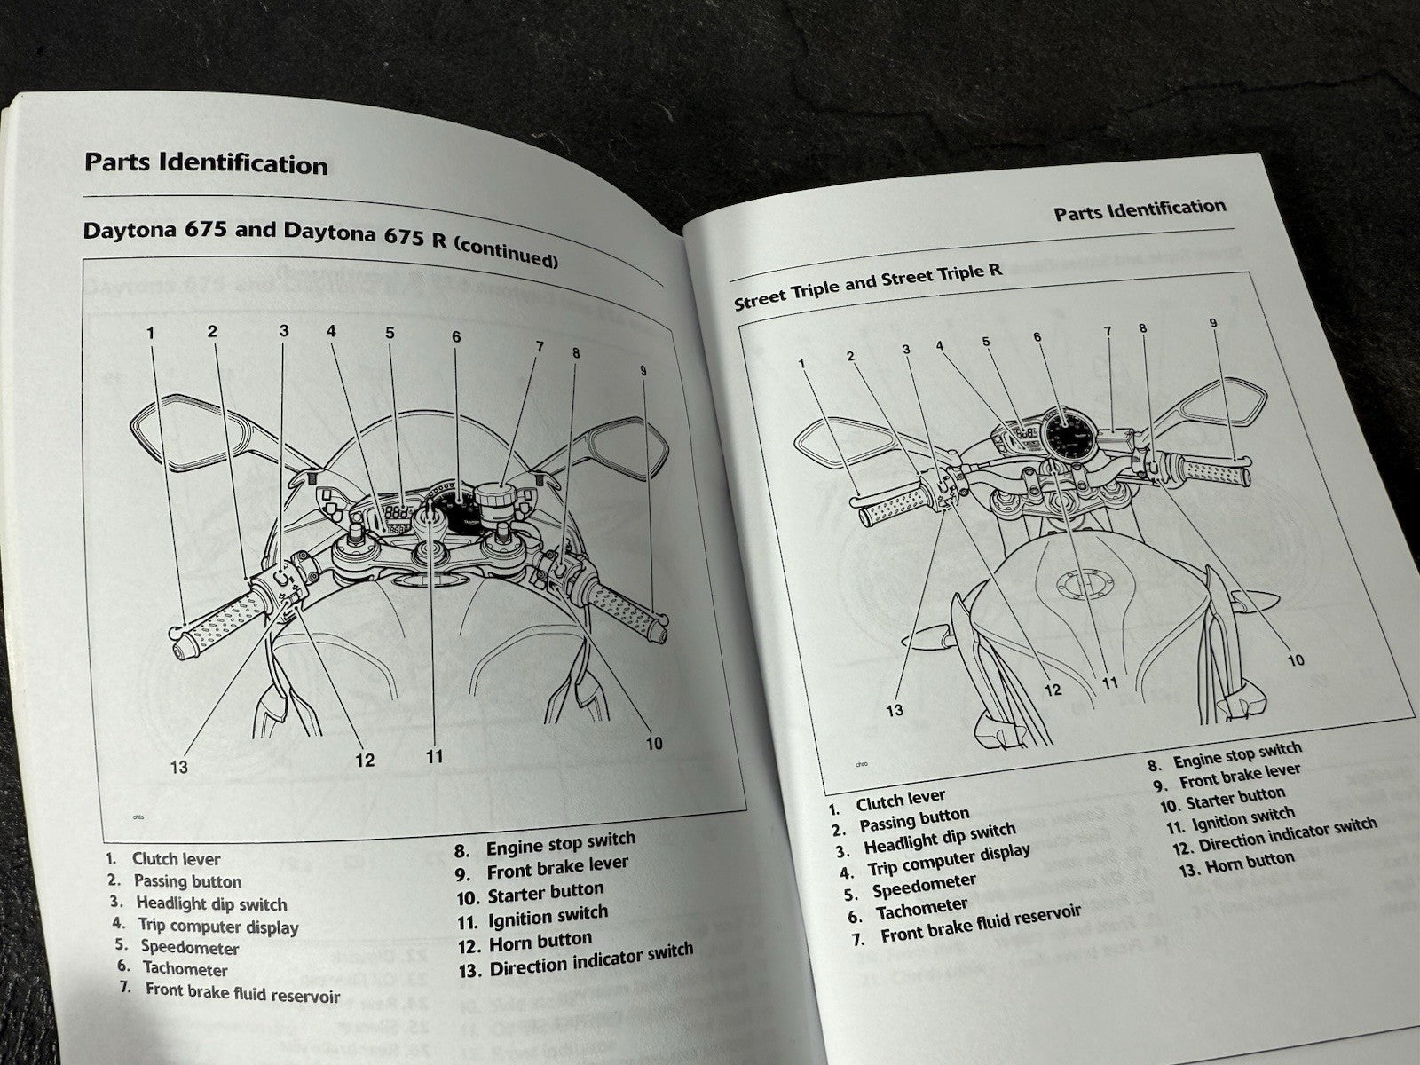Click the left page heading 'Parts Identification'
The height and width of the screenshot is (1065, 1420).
(206, 164)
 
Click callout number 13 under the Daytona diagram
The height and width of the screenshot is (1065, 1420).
(179, 767)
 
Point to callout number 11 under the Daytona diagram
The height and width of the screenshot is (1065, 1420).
(433, 756)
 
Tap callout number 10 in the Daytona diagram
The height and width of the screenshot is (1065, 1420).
(654, 742)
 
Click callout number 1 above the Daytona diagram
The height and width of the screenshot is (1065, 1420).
(151, 334)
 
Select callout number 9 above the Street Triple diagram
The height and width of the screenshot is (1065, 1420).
(1213, 324)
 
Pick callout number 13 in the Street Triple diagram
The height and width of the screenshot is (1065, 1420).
(895, 709)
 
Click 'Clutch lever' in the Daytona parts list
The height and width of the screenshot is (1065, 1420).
(176, 858)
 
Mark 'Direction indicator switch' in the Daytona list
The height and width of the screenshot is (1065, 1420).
(590, 959)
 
